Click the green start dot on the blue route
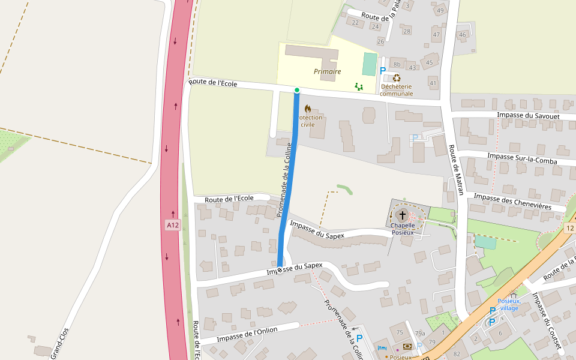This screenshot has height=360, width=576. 297,90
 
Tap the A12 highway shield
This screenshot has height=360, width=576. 173,225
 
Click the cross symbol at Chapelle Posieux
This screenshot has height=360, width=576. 402,215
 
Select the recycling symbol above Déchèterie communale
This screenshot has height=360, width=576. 397,77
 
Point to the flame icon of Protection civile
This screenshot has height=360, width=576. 308,109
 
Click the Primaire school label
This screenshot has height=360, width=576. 327,71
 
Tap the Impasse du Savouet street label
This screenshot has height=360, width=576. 529,115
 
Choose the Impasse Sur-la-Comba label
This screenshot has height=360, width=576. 522,158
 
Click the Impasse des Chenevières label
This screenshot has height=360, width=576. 512,201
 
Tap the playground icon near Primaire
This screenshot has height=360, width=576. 359,87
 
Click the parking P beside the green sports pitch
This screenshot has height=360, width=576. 383,71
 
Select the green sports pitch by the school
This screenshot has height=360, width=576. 370,64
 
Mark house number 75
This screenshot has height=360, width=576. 399,332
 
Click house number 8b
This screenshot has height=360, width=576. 397,64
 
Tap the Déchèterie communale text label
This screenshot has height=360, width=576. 397,90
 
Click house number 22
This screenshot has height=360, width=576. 355,23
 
